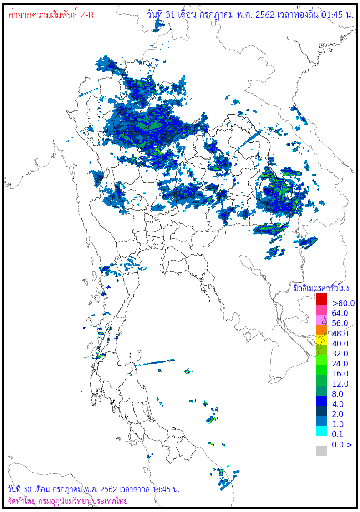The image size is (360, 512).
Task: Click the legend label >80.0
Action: [343, 303]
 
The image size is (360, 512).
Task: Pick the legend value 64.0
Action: [340, 313]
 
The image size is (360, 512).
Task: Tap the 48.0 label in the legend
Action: [340, 334]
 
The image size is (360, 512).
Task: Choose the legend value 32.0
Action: [340, 354]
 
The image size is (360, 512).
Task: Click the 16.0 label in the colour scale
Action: [340, 374]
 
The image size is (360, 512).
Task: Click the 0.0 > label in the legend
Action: [342, 444]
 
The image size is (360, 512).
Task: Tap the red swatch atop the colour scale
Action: [321, 299]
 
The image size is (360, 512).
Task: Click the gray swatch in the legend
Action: [321, 451]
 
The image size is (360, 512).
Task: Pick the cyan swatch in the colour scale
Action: [321, 431]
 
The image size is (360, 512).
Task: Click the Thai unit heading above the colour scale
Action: [321, 288]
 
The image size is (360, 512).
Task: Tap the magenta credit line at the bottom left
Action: [68, 501]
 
